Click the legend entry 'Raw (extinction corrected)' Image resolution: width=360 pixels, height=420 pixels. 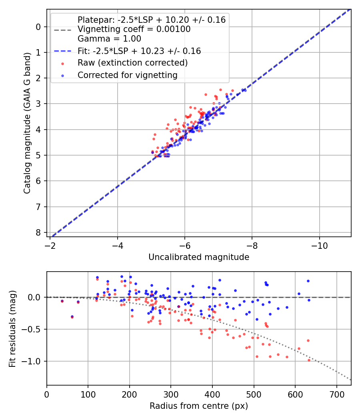point(132,63)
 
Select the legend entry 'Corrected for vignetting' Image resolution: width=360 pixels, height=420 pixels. point(128,75)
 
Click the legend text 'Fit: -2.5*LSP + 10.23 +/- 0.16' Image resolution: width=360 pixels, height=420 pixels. point(139,51)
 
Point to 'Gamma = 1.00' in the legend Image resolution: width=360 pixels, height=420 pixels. point(109,39)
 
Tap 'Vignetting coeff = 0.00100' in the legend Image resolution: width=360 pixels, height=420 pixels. point(134,29)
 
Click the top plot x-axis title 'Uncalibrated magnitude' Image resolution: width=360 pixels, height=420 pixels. point(199,257)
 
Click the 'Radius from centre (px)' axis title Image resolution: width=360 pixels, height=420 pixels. point(199,406)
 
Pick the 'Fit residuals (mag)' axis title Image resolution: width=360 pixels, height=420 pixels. point(12,328)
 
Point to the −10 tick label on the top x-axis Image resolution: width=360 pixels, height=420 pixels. point(319,244)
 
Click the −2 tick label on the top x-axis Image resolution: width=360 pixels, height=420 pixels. point(50,244)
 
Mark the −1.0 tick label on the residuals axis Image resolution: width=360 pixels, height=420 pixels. point(33,361)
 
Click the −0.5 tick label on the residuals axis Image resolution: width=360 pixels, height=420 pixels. point(33,329)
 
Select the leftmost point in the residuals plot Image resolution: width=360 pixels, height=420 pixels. point(62,301)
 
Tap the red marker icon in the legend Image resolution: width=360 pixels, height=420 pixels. point(62,63)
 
